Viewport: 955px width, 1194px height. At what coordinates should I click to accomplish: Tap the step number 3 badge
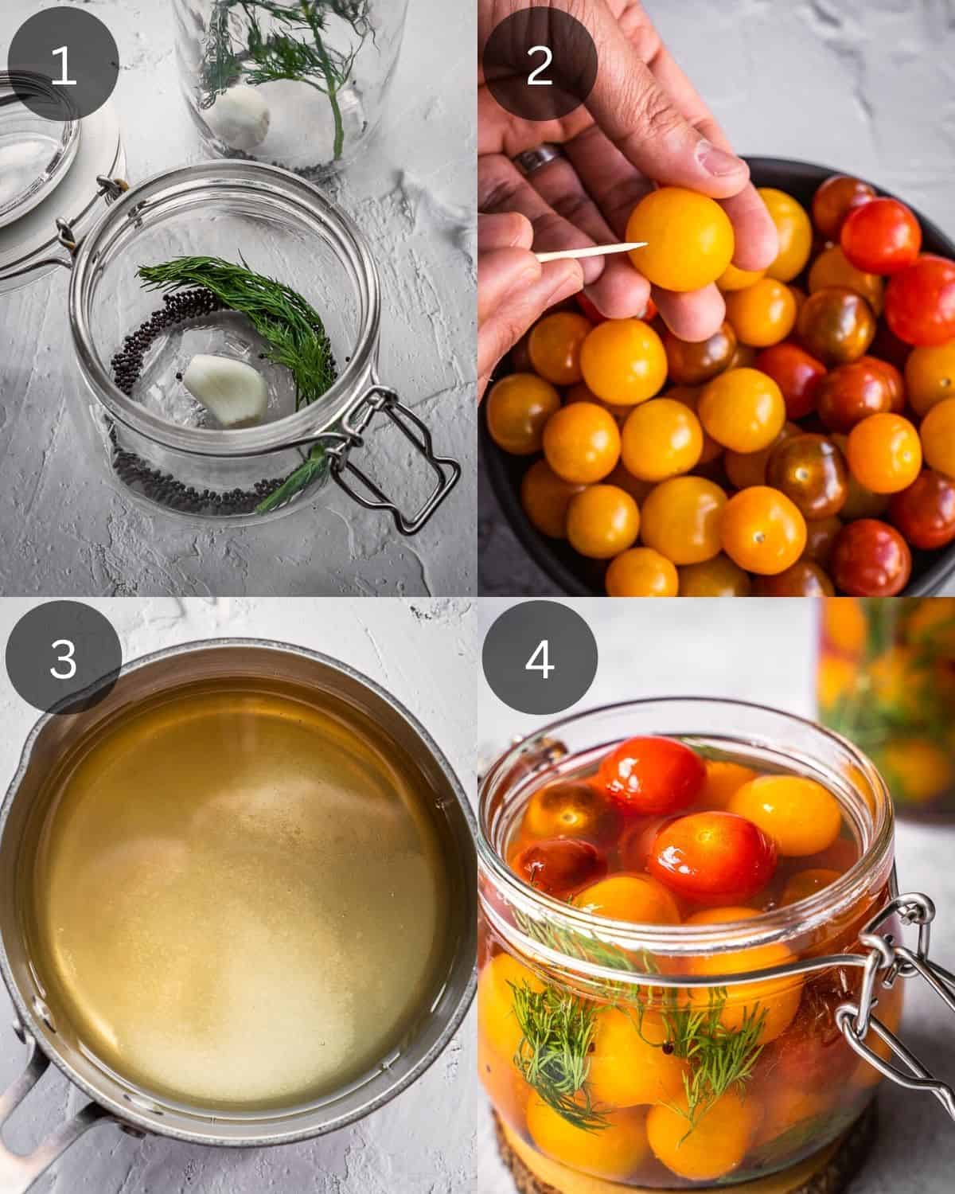62,659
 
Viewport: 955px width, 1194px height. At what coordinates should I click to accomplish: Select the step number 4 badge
540,659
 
